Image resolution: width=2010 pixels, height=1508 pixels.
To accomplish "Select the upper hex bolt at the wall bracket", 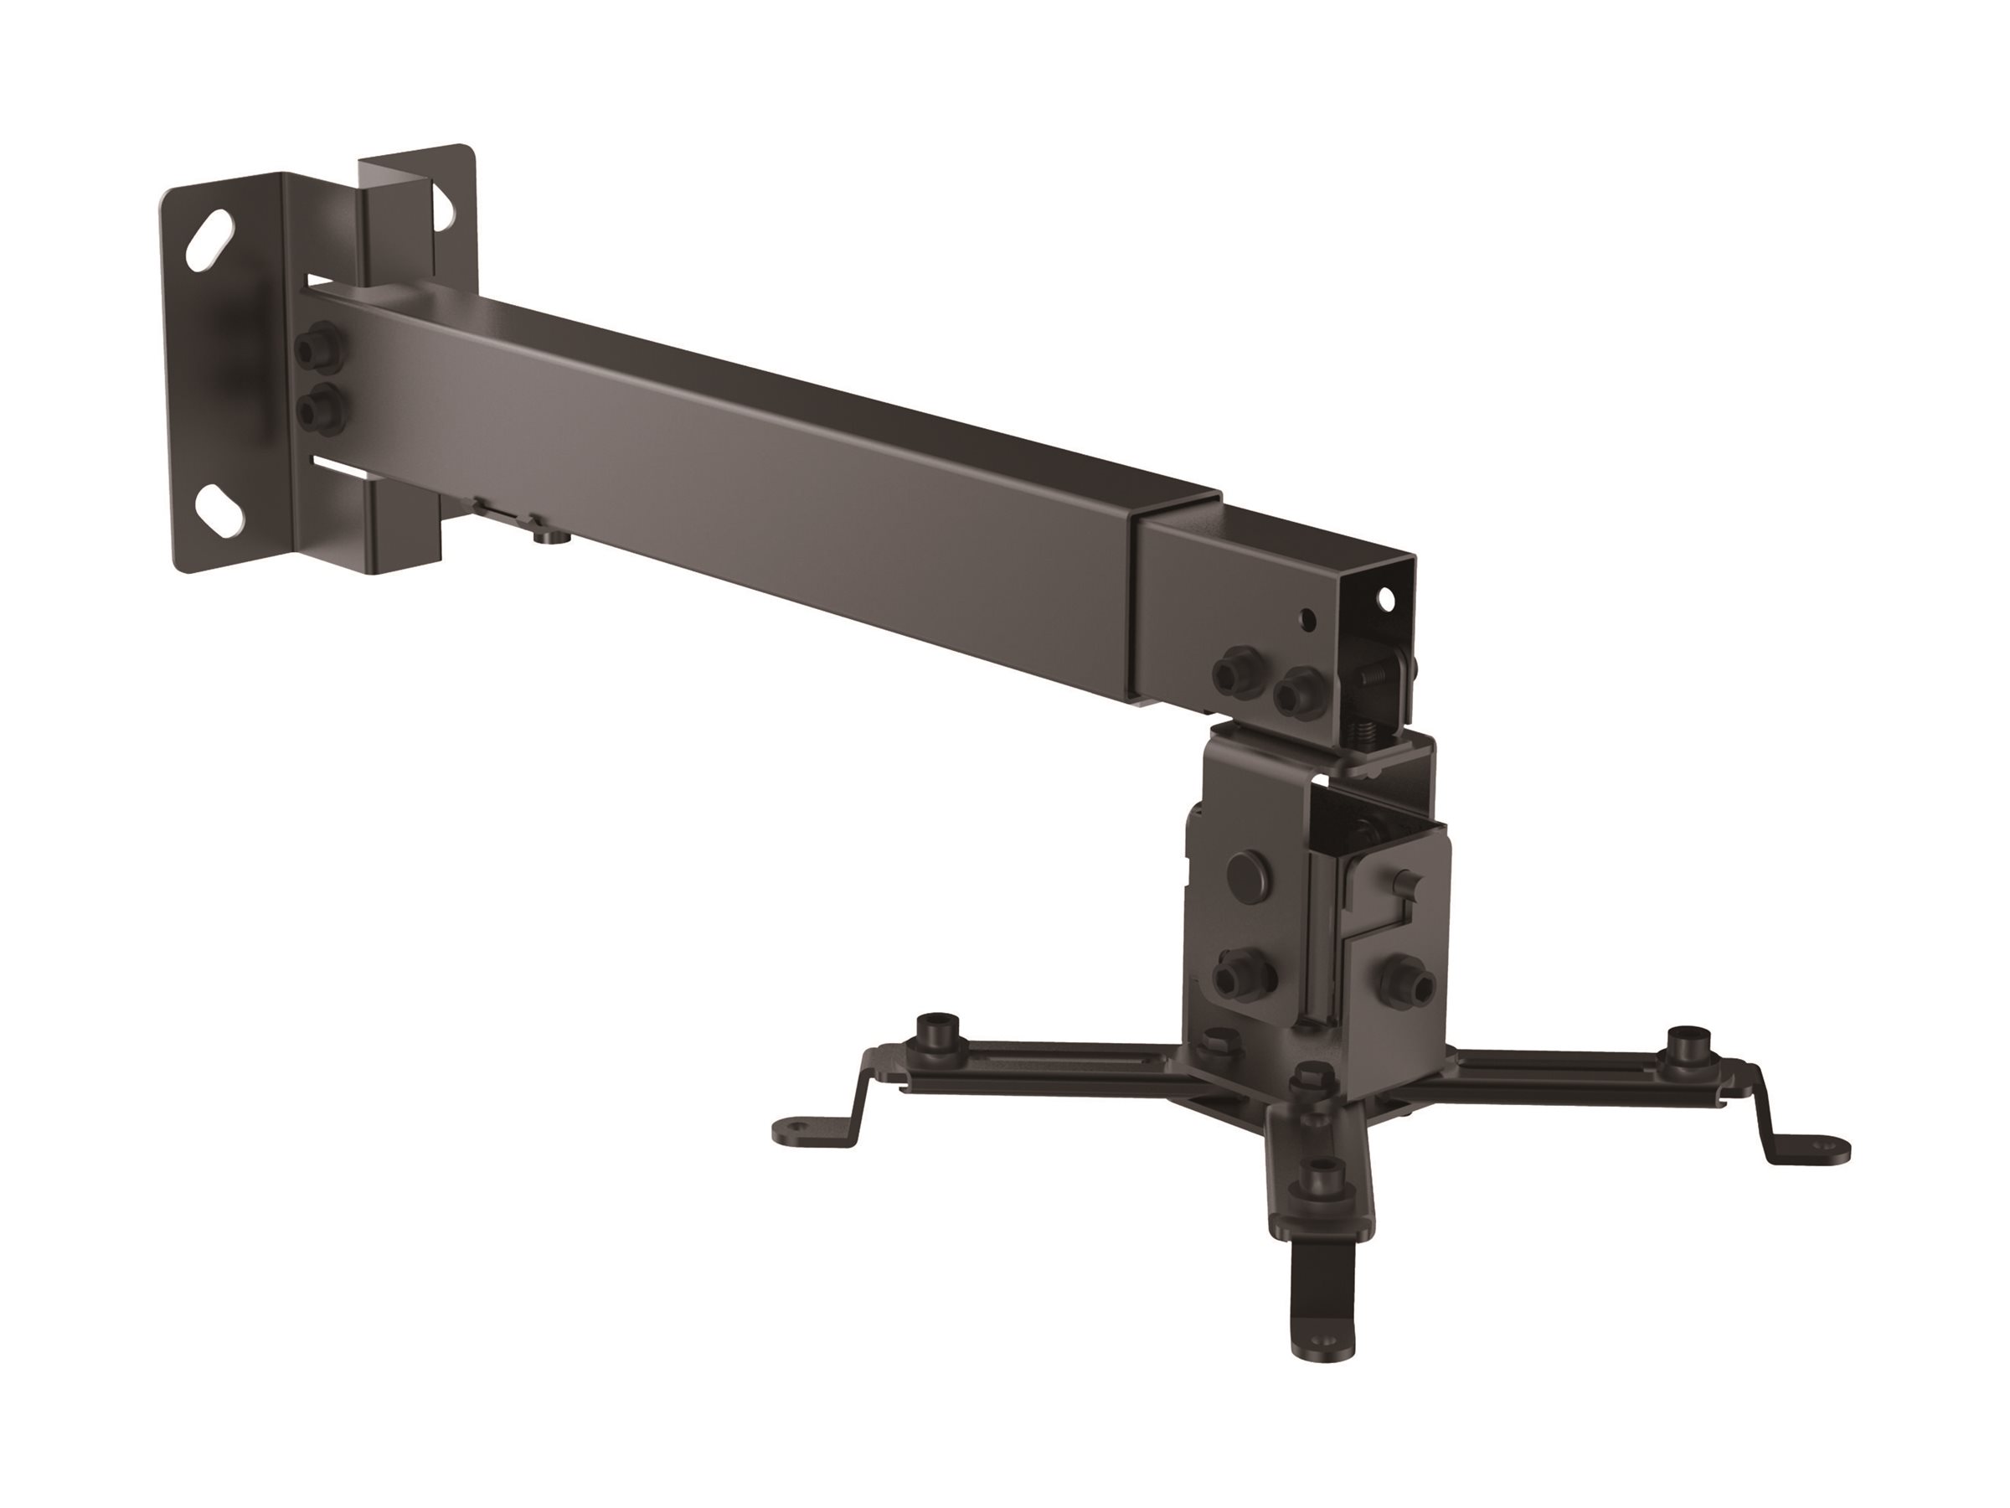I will [319, 349].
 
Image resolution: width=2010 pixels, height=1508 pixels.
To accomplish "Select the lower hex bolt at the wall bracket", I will [319, 409].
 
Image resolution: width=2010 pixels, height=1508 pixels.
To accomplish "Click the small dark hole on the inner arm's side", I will [1307, 620].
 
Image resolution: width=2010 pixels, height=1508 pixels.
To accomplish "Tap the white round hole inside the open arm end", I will [1387, 599].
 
